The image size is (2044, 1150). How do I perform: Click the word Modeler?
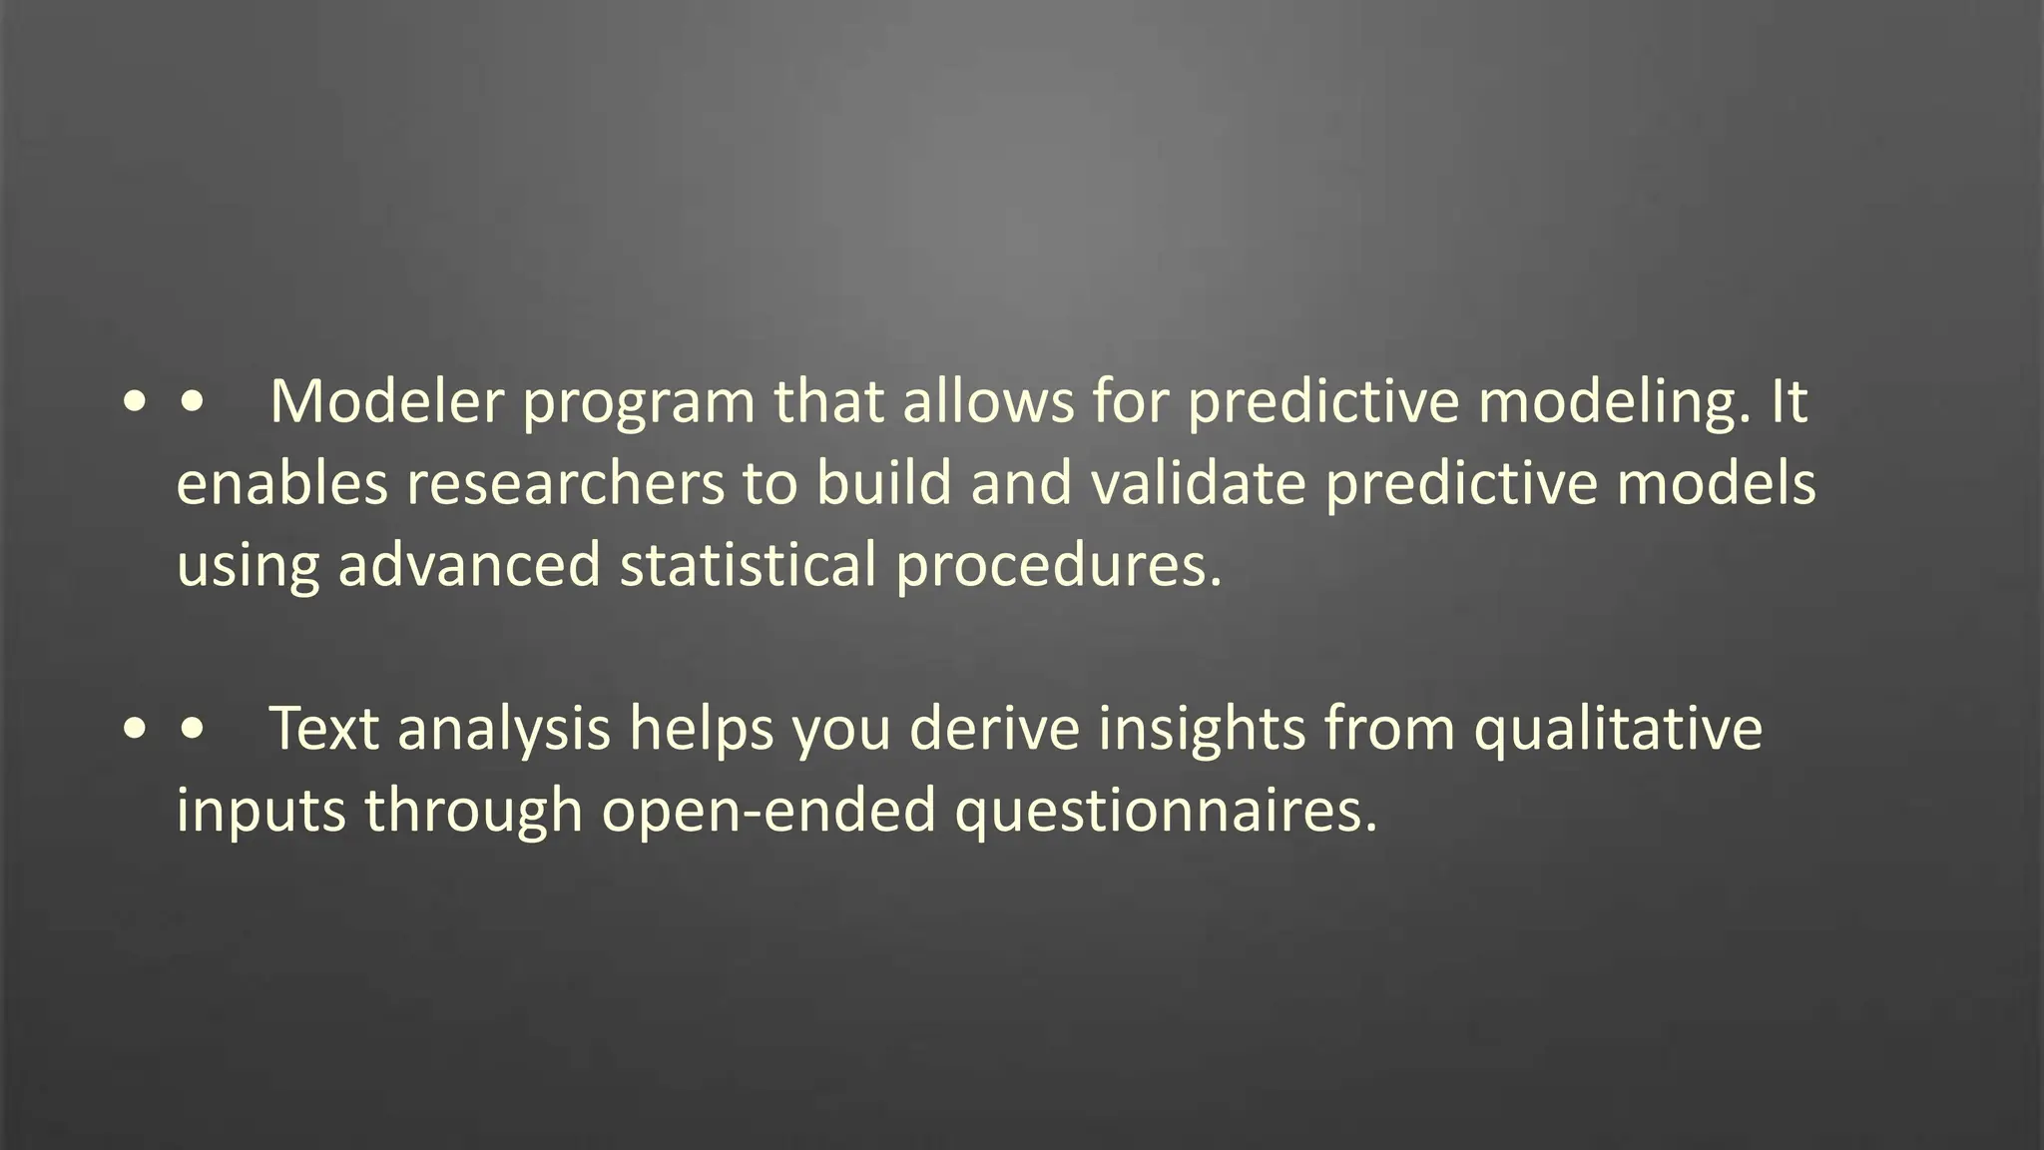386,402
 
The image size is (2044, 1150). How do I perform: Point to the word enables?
281,484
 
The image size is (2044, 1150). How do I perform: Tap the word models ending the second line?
1716,484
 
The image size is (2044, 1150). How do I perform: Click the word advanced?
469,566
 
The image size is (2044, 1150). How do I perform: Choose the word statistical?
748,566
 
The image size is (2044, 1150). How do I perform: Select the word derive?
994,728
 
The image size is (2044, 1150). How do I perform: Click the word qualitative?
1618,730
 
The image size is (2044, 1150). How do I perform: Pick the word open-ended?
768,812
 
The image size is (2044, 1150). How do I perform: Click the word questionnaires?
1166,812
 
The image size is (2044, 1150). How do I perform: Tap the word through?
473,812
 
